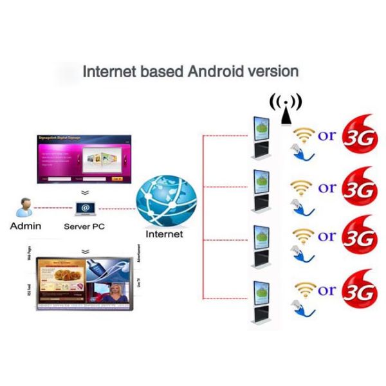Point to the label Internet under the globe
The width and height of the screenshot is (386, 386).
165,234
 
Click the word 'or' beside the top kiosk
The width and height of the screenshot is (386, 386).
327,136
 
